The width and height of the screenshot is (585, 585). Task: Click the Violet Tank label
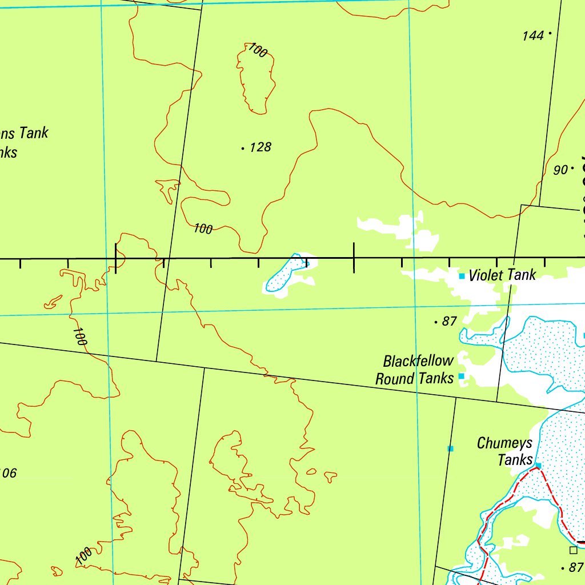502,275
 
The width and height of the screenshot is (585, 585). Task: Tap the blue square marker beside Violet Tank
462,277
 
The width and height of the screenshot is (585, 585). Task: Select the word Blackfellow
419,361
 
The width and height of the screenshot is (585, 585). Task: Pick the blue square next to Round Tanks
461,376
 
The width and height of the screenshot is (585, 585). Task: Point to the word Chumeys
504,443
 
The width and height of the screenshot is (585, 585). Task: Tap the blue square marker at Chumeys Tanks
538,466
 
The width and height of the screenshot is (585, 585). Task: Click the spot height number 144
532,36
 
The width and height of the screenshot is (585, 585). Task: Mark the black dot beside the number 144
550,34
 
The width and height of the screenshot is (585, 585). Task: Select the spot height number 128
260,147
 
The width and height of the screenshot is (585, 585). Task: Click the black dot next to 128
243,149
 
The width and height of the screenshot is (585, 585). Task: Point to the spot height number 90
560,170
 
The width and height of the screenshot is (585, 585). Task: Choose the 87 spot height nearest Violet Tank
450,322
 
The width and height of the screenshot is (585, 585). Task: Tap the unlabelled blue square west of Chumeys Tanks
450,448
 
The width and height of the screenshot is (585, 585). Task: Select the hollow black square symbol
573,550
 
